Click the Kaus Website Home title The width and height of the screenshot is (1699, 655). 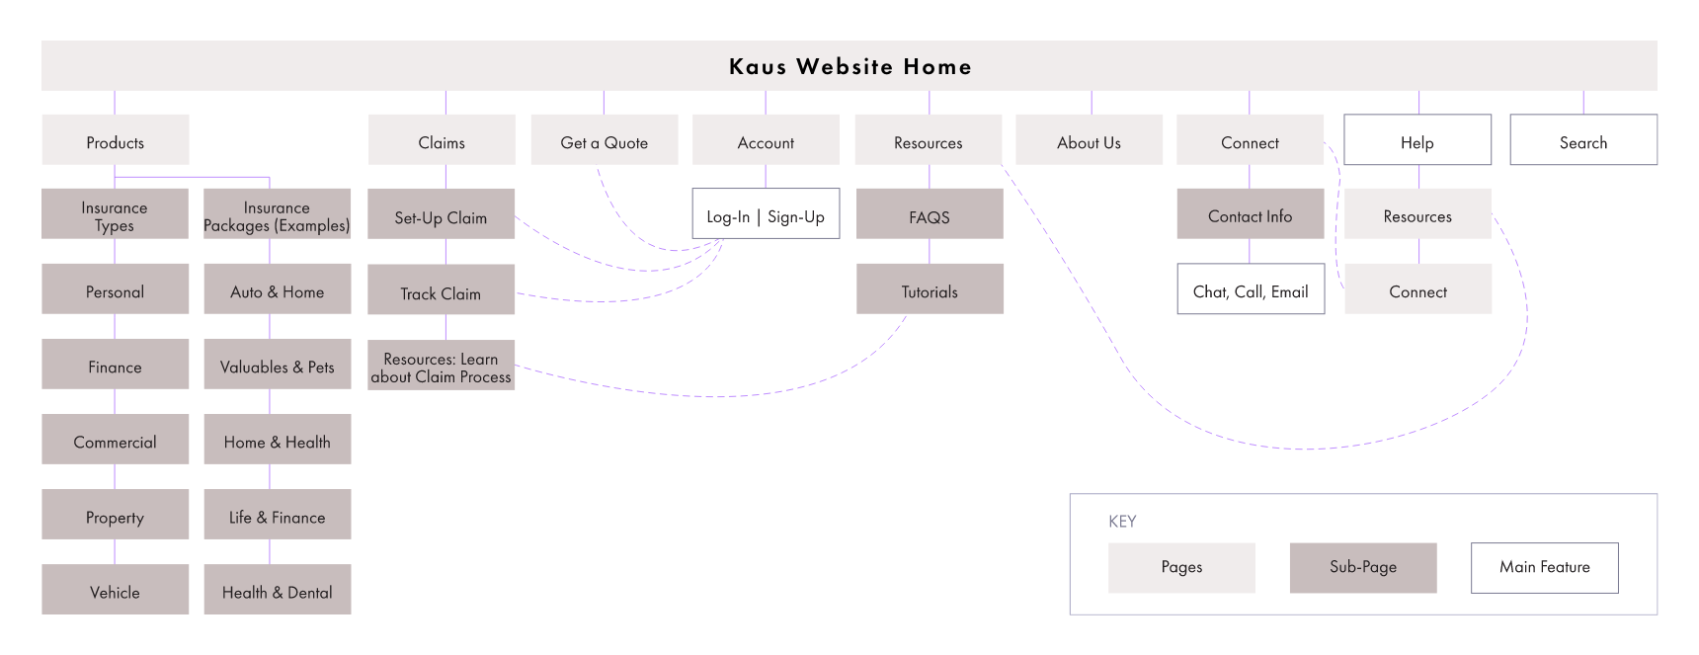[x=849, y=66]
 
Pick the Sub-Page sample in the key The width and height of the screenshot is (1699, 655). [x=1363, y=567]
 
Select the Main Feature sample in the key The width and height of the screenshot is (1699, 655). [x=1545, y=567]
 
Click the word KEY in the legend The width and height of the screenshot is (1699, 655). [x=1122, y=522]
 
